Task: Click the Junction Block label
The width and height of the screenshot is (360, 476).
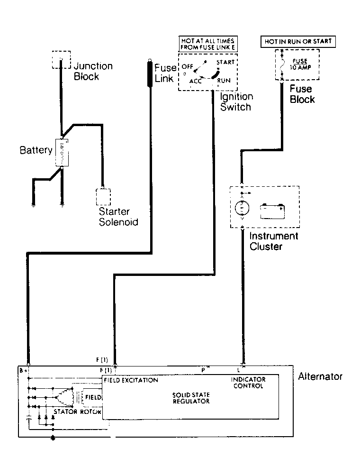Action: click(93, 71)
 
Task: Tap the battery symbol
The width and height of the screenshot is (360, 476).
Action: click(62, 153)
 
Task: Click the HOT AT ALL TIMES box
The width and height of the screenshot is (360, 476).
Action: click(208, 44)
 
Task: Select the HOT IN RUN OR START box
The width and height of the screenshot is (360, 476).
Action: click(298, 42)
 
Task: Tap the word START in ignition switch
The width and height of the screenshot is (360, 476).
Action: click(225, 62)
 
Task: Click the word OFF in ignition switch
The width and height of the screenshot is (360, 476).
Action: click(188, 66)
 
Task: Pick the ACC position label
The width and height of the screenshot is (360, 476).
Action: click(195, 81)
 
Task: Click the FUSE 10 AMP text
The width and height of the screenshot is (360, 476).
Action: click(300, 64)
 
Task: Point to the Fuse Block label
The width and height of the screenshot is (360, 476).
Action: click(302, 94)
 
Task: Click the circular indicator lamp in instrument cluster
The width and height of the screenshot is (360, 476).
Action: click(242, 208)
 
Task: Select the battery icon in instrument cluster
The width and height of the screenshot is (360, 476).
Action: click(272, 211)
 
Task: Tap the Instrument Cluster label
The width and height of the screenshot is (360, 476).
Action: click(274, 241)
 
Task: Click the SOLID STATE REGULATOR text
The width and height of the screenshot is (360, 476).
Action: click(191, 398)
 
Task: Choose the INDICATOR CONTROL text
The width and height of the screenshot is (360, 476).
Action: click(248, 383)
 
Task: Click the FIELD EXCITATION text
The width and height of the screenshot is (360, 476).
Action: click(131, 380)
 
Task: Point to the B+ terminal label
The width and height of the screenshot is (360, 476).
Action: click(23, 370)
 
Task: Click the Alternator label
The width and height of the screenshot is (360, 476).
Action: click(320, 376)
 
